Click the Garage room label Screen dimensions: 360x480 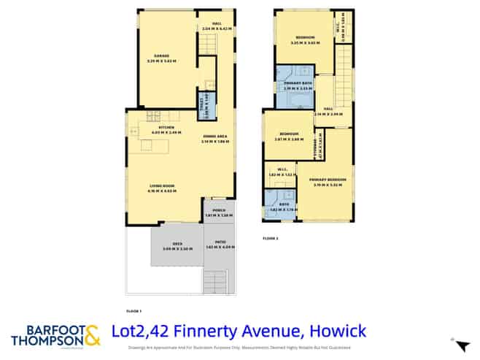point(161,56)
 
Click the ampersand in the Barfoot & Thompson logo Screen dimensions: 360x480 point(91,336)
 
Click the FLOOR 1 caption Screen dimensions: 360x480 point(133,311)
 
